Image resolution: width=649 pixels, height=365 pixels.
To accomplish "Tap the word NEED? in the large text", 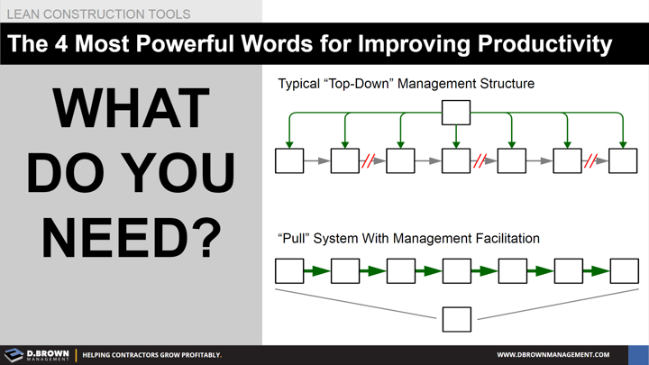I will pyautogui.click(x=131, y=236).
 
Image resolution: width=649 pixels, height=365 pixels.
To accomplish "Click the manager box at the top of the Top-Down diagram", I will pyautogui.click(x=456, y=112).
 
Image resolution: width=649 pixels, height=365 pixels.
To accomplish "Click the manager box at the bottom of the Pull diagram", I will pyautogui.click(x=457, y=319).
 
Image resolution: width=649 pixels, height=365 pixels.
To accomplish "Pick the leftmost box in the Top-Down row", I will pyautogui.click(x=289, y=161).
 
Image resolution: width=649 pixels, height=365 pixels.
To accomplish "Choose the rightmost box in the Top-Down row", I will pyautogui.click(x=623, y=161).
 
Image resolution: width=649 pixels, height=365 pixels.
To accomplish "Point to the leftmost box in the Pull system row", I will pyautogui.click(x=289, y=270).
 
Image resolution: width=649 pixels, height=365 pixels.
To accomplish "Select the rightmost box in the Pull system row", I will pyautogui.click(x=624, y=270).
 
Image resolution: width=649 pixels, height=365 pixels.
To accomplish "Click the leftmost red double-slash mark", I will pyautogui.click(x=368, y=162).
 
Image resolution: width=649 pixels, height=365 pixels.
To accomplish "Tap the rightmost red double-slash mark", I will pyautogui.click(x=591, y=162).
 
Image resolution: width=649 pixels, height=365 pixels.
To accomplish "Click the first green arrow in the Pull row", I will pyautogui.click(x=317, y=270).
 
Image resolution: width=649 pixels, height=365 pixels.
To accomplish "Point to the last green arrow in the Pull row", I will pyautogui.click(x=596, y=270).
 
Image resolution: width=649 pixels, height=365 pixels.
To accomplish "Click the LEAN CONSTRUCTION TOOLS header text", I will pyautogui.click(x=99, y=14).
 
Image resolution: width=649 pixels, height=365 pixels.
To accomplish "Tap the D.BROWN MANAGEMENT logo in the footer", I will pyautogui.click(x=36, y=355).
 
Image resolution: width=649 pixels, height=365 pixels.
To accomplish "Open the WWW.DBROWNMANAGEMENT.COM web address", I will pyautogui.click(x=553, y=355).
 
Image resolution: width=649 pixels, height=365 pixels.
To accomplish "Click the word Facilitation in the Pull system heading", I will pyautogui.click(x=502, y=239).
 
